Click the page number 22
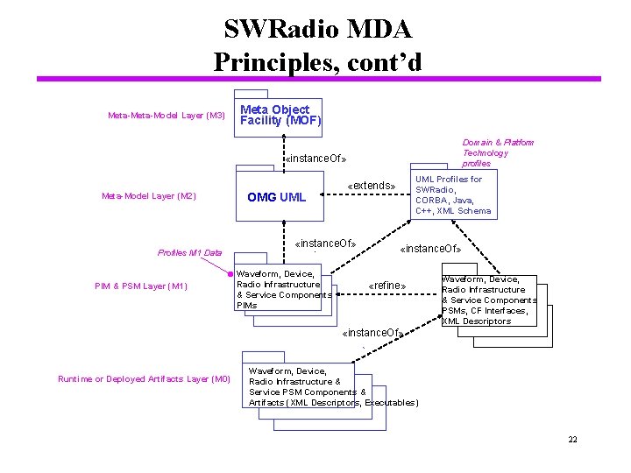(x=571, y=439)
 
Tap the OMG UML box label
(x=276, y=197)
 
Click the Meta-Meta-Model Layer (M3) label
(x=166, y=116)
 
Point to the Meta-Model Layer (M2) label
(x=148, y=196)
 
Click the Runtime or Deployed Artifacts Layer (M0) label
(x=143, y=378)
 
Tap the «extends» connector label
(x=372, y=186)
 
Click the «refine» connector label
(x=386, y=286)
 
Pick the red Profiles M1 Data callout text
(x=189, y=252)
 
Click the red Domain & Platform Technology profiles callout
(x=497, y=152)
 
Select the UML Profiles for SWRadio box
(x=452, y=194)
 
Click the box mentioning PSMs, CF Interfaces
(x=488, y=300)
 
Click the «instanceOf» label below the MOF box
(x=316, y=159)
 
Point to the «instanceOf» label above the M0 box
(x=372, y=333)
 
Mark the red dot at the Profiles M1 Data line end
(x=232, y=272)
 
